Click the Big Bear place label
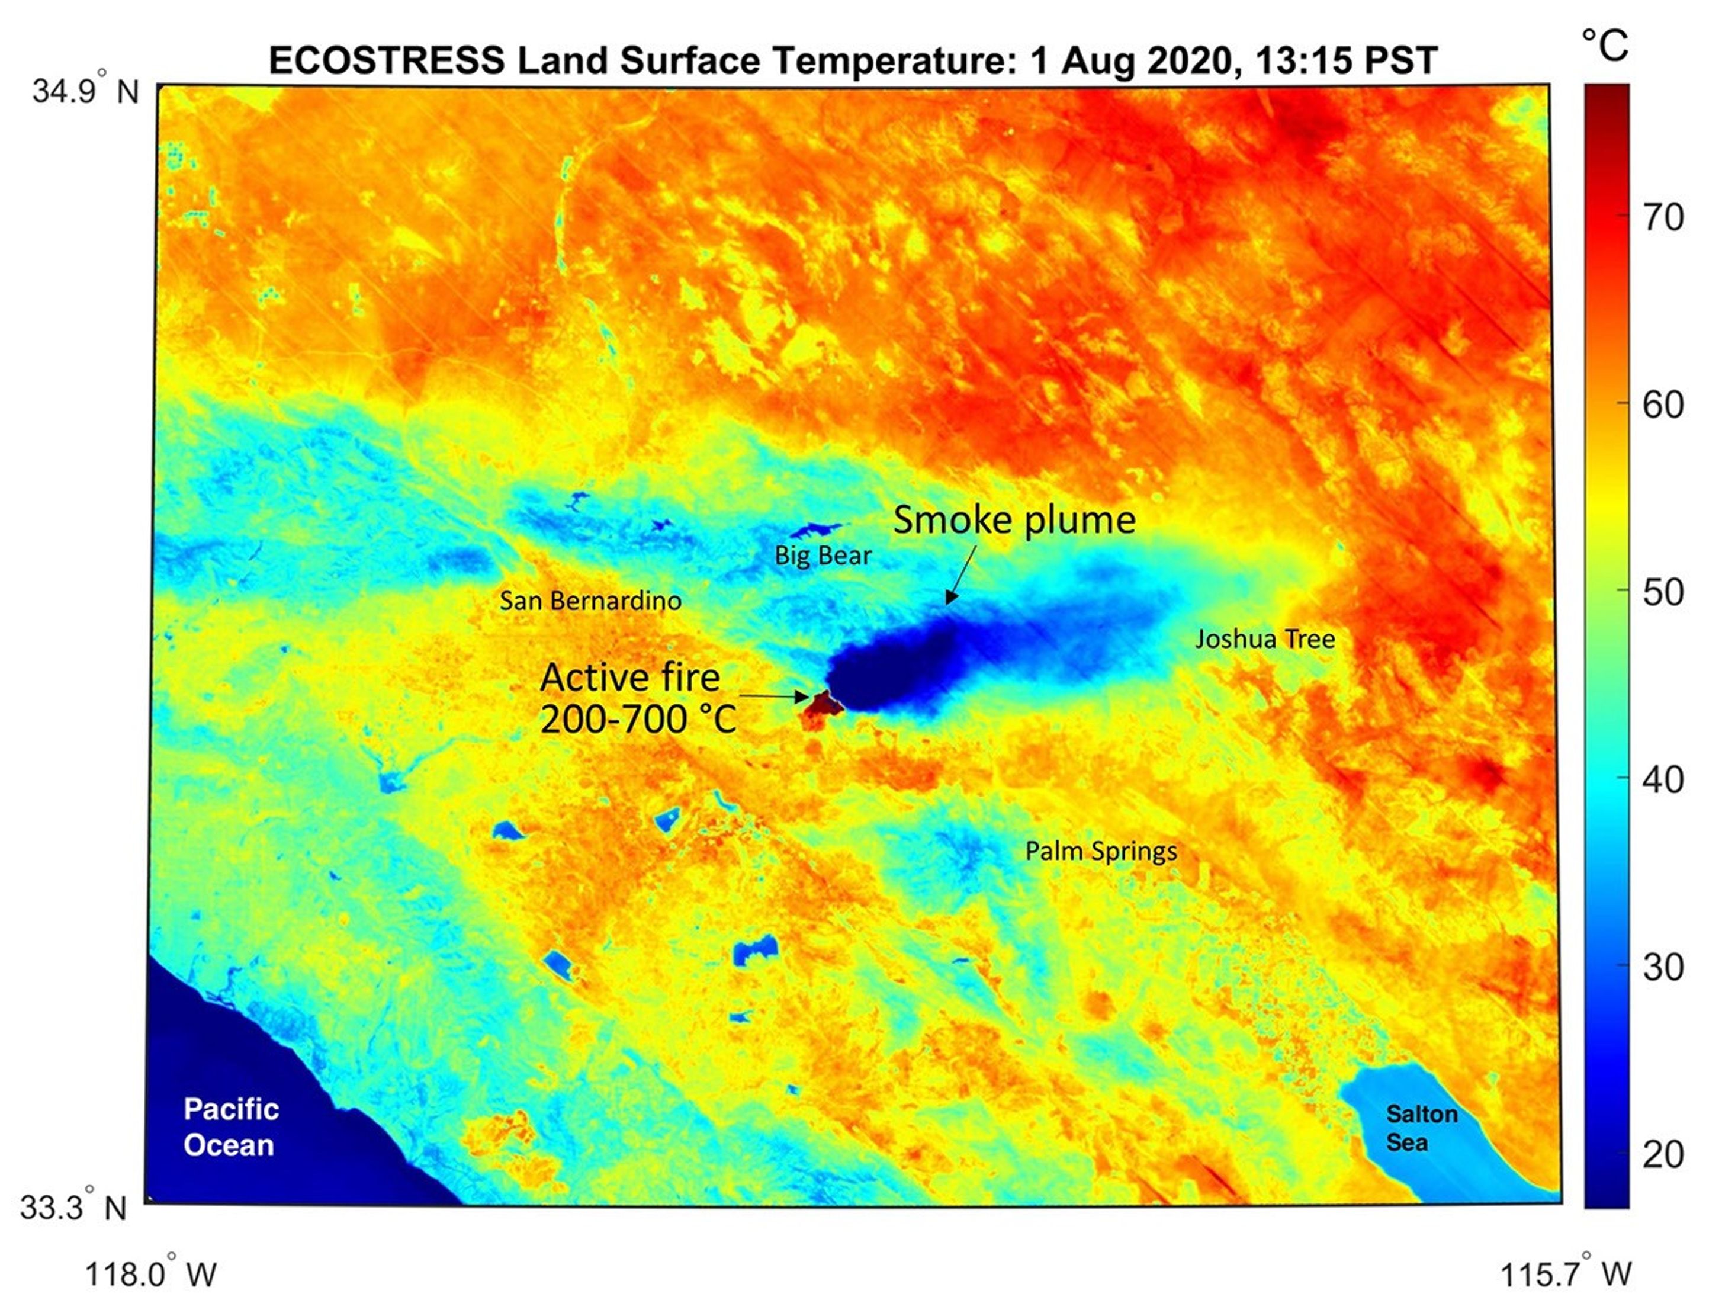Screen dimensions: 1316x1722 pos(823,556)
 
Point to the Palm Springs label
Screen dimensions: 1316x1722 pos(1100,852)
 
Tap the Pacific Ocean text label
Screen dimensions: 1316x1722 pos(230,1126)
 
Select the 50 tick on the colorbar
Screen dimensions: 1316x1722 pos(1662,593)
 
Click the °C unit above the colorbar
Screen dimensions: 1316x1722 pos(1605,46)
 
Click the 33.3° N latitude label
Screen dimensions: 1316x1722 pos(73,1207)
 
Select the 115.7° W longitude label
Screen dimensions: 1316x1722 pos(1564,1275)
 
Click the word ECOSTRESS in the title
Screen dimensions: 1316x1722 pos(386,61)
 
